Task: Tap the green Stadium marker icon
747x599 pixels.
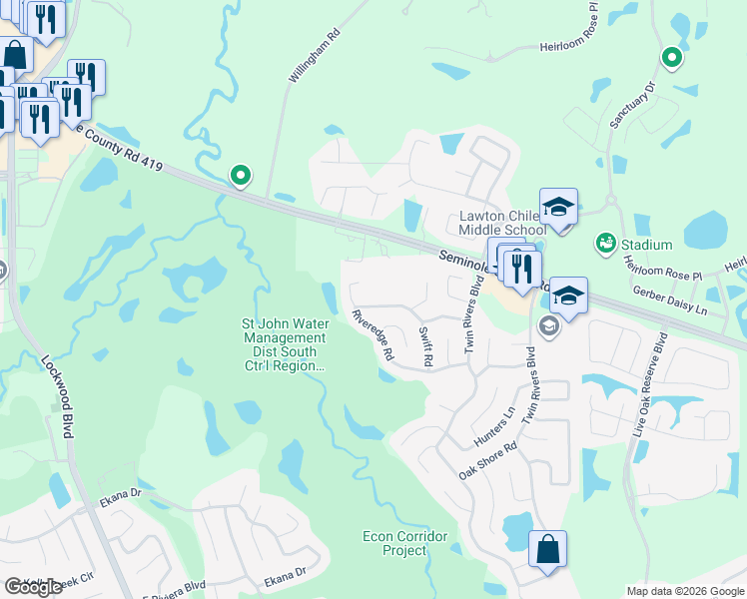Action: (604, 244)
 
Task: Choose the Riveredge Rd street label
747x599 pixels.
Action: (373, 333)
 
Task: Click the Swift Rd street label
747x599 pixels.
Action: (425, 344)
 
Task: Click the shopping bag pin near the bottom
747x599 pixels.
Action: (547, 550)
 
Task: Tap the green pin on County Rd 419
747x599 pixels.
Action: (241, 176)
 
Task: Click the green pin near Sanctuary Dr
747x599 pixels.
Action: (672, 58)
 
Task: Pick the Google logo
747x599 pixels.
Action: (33, 587)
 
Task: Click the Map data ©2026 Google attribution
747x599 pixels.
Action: (684, 591)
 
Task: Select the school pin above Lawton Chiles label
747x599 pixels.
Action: (558, 208)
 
